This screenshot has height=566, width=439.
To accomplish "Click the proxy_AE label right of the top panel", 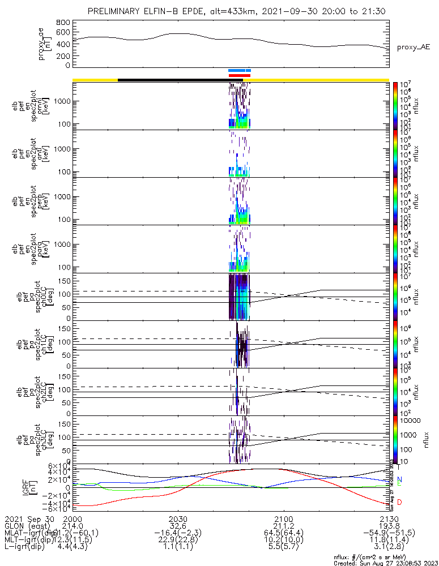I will pyautogui.click(x=413, y=47).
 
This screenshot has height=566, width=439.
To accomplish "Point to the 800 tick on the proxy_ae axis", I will pyautogui.click(x=63, y=23).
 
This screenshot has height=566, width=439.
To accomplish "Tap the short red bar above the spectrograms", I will pyautogui.click(x=239, y=75).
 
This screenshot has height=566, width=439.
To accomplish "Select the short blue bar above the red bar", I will pyautogui.click(x=239, y=71).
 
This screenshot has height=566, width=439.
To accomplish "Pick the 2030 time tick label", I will pyautogui.click(x=178, y=518).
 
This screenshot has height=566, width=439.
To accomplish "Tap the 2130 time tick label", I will pyautogui.click(x=389, y=518).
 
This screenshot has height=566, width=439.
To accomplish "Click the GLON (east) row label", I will pyautogui.click(x=28, y=526).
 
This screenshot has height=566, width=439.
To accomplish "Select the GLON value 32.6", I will pyautogui.click(x=178, y=526).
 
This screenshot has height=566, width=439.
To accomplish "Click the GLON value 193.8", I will pyautogui.click(x=389, y=526).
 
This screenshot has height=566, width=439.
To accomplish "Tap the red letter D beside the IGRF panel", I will pyautogui.click(x=399, y=502).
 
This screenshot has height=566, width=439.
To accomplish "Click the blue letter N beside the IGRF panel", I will pyautogui.click(x=399, y=479).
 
